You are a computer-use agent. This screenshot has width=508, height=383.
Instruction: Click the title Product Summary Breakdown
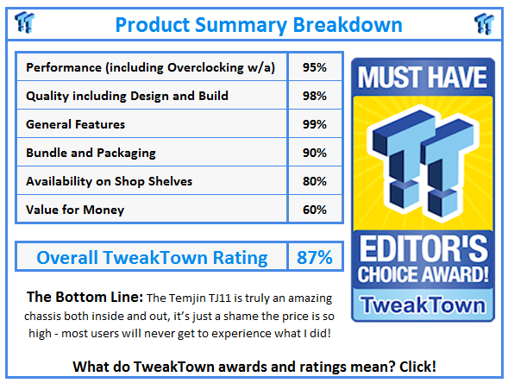[254, 23]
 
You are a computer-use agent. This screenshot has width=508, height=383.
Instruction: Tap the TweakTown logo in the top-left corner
[25, 22]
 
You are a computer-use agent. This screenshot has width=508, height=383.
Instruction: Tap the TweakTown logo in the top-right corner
[484, 22]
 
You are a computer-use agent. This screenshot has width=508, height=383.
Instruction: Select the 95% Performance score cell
[314, 67]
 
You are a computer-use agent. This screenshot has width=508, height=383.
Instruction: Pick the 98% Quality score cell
[314, 96]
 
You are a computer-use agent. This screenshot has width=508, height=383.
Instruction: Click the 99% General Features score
[314, 124]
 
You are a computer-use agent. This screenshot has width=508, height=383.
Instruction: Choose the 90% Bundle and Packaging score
[314, 153]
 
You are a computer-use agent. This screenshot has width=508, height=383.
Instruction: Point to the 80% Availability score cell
[314, 181]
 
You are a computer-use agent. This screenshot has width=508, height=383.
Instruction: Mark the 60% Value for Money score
[314, 210]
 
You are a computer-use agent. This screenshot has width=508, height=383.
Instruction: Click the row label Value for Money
[75, 210]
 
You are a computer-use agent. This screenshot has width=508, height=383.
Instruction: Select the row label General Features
[76, 124]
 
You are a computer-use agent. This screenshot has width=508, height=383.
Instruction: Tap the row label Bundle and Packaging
[91, 153]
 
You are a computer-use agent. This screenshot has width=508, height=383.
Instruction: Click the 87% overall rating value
[315, 257]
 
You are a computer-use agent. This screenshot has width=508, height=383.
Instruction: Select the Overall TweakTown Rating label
[152, 257]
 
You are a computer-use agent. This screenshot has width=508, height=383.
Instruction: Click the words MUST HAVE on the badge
[422, 77]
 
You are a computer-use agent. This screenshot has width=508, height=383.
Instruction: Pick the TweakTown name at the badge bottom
[422, 304]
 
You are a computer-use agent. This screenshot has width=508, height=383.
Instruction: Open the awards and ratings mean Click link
[254, 366]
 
